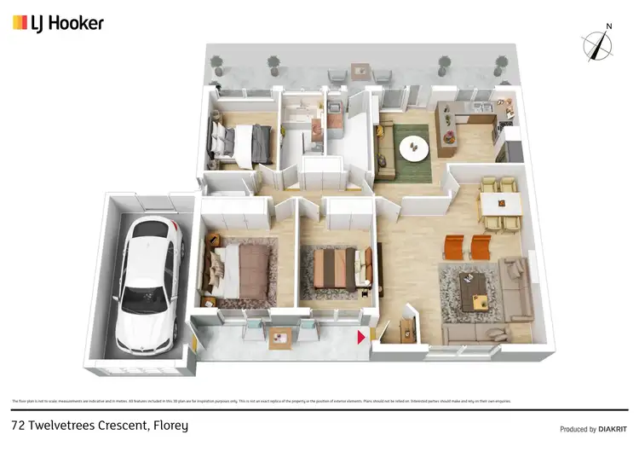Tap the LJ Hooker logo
coord(58,23)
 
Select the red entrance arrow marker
coord(361,338)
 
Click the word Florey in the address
coord(168,425)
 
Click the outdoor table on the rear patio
coord(360,69)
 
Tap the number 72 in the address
coord(18,425)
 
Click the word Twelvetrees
coord(60,425)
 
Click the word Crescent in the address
coord(122,425)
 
